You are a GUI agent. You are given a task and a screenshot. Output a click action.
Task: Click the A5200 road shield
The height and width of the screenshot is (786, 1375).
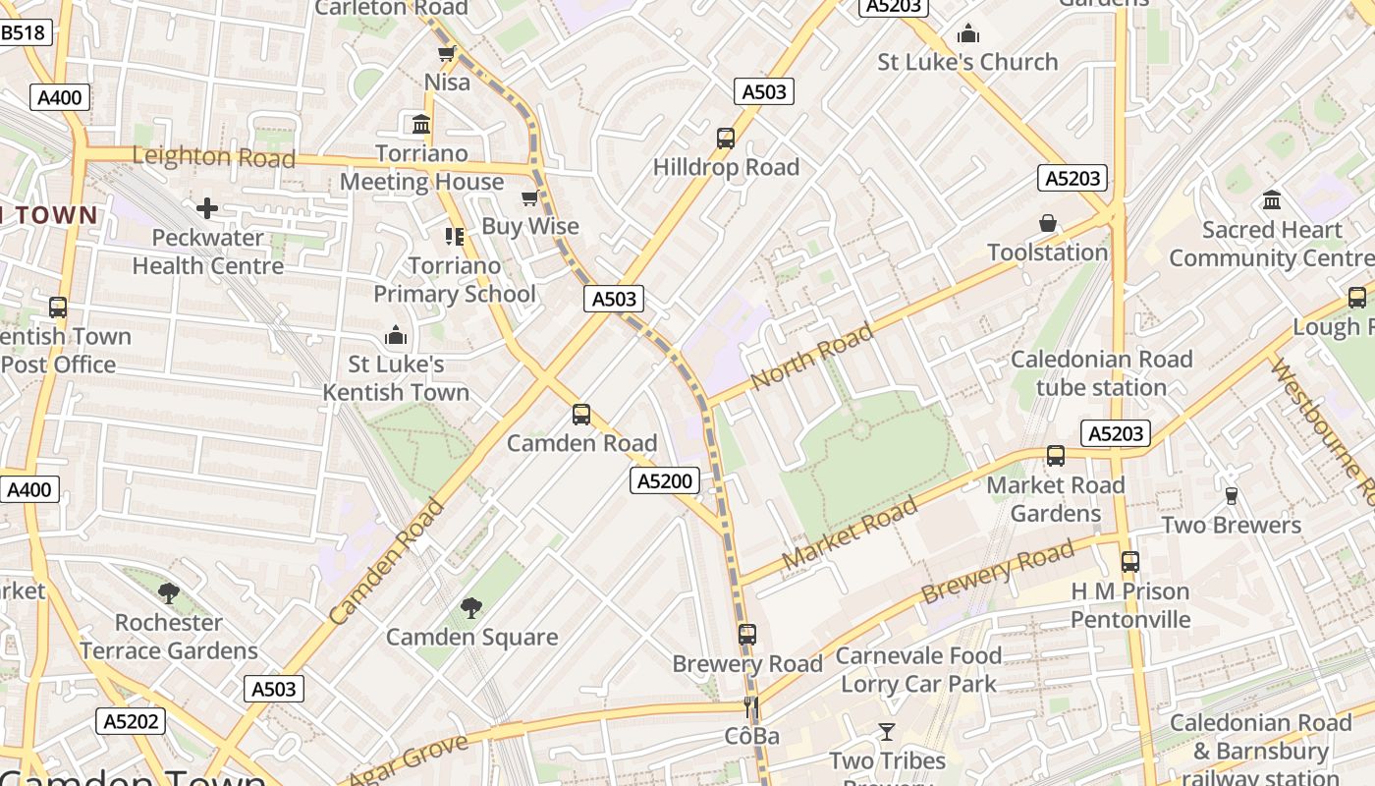[665, 480]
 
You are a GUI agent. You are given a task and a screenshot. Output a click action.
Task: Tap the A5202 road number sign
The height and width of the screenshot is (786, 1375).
[132, 721]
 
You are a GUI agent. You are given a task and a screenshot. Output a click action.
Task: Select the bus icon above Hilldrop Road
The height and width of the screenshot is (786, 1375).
[726, 139]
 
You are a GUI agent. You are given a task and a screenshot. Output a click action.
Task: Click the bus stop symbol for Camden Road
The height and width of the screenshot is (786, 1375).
[581, 415]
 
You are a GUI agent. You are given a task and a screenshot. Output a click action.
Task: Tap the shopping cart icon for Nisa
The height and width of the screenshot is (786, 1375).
[447, 53]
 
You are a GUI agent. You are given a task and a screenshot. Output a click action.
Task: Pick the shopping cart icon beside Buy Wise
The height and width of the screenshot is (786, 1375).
[530, 198]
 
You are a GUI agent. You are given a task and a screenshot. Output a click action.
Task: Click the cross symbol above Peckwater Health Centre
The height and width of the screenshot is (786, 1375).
[207, 208]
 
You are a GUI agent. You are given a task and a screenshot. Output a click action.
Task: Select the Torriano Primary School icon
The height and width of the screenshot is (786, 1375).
[454, 236]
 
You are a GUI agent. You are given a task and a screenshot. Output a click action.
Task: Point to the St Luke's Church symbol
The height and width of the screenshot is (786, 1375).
[968, 34]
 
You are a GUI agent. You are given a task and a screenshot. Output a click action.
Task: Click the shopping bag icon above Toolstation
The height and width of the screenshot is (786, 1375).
[1048, 223]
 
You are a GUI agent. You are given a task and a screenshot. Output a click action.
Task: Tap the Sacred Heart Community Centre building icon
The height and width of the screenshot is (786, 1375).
[1272, 200]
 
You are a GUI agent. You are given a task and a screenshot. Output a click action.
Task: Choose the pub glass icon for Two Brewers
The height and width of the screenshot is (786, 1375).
[1231, 496]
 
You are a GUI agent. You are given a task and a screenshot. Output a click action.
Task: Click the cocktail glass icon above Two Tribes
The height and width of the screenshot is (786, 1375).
[887, 731]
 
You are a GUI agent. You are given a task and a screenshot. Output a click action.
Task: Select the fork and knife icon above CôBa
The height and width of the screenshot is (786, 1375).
[751, 706]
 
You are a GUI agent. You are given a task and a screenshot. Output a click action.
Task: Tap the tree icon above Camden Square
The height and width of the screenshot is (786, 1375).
[471, 607]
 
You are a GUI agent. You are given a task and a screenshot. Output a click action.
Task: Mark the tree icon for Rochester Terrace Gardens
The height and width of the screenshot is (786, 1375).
[169, 592]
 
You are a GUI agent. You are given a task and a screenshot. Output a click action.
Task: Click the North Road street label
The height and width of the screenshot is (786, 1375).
[811, 357]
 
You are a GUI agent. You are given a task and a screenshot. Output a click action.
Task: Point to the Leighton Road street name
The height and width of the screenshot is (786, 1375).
[213, 156]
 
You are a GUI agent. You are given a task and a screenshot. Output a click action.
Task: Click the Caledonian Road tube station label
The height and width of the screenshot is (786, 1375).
[1101, 373]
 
